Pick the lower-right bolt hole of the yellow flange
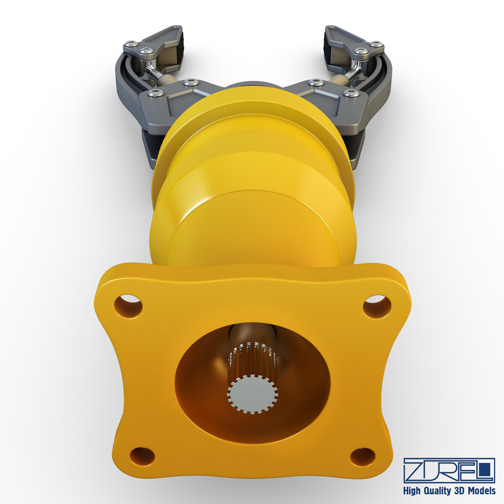pyautogui.click(x=362, y=456)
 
